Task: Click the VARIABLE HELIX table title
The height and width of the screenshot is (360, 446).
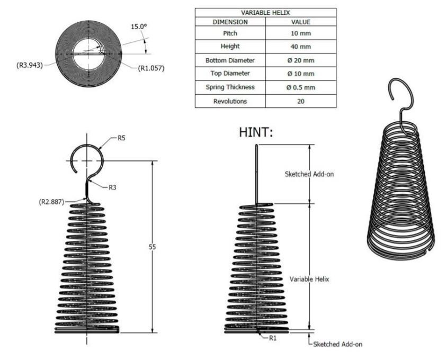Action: [265, 13]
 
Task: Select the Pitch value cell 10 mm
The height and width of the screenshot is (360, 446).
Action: [300, 33]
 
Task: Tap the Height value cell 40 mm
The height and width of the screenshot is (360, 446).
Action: [300, 47]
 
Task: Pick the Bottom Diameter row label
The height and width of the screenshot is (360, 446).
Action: [230, 60]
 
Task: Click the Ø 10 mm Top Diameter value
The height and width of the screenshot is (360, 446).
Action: [300, 74]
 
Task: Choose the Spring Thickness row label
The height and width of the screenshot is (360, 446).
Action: [230, 87]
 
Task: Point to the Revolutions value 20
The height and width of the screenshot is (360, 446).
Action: [300, 101]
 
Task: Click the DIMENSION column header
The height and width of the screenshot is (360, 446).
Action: [230, 22]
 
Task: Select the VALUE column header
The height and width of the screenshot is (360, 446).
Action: [300, 22]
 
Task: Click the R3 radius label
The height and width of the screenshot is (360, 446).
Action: [112, 187]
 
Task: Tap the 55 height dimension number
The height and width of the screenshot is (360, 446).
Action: [152, 247]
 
